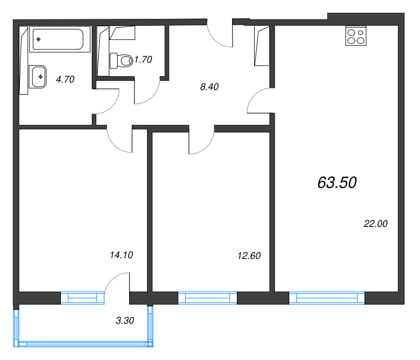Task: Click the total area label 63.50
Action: [x=337, y=182]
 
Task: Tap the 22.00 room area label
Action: [x=375, y=223]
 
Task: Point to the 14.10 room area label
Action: [x=122, y=255]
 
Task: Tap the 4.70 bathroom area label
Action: [x=65, y=80]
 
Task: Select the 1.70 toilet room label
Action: [x=143, y=60]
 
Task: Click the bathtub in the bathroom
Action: [x=58, y=40]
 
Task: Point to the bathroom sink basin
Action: [x=38, y=77]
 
